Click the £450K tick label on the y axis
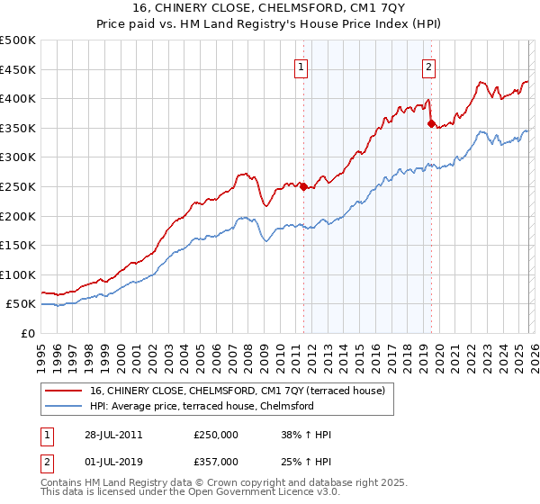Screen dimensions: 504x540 [18, 69]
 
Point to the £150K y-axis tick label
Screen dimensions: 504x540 [18, 245]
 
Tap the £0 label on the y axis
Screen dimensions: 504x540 [27, 333]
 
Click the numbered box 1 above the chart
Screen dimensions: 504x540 [301, 66]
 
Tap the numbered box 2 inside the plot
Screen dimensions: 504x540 [428, 66]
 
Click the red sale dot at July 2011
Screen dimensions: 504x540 [303, 187]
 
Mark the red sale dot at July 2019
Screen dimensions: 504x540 [431, 124]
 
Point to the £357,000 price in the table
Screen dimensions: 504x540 [216, 461]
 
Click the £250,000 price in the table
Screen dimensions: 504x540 [216, 435]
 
